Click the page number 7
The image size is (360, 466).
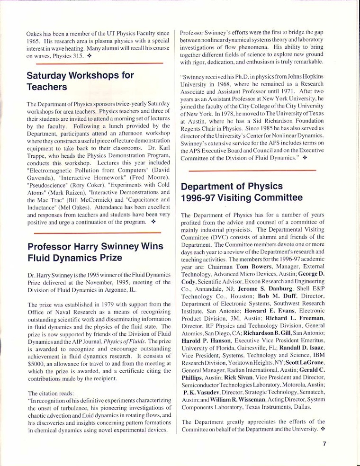tap(325, 444)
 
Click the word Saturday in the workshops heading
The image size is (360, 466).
tap(51, 76)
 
